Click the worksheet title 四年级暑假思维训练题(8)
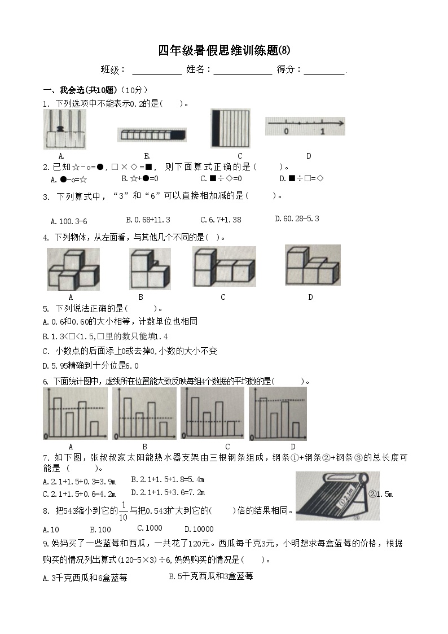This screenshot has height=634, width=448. (x=223, y=51)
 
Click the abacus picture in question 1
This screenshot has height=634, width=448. (x=65, y=129)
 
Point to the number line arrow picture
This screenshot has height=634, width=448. (x=305, y=125)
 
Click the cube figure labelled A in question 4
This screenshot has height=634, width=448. (x=73, y=269)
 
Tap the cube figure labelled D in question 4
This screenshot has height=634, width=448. (x=312, y=265)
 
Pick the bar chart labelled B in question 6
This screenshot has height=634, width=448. (x=144, y=413)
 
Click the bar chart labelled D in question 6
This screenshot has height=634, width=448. (x=278, y=413)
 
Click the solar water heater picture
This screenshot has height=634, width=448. (x=337, y=496)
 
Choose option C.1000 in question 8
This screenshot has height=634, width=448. (x=150, y=528)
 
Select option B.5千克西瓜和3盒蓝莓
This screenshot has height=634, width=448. (x=211, y=576)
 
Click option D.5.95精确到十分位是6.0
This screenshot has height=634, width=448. (x=91, y=365)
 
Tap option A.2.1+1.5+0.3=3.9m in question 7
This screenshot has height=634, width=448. (x=80, y=481)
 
